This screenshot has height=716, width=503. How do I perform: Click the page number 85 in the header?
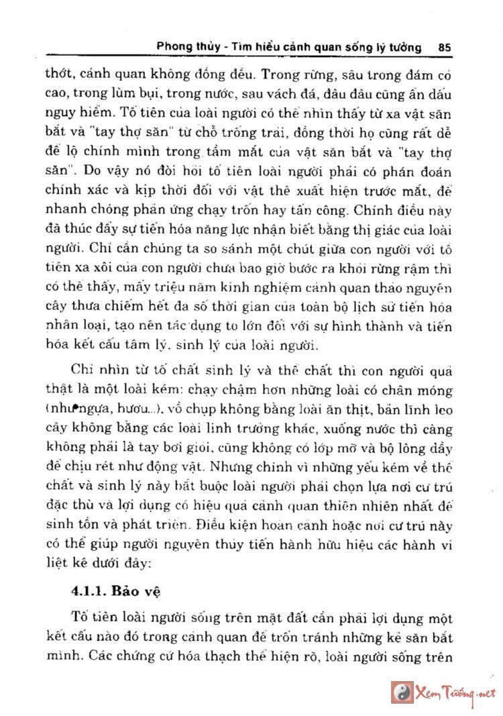click(443, 48)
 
